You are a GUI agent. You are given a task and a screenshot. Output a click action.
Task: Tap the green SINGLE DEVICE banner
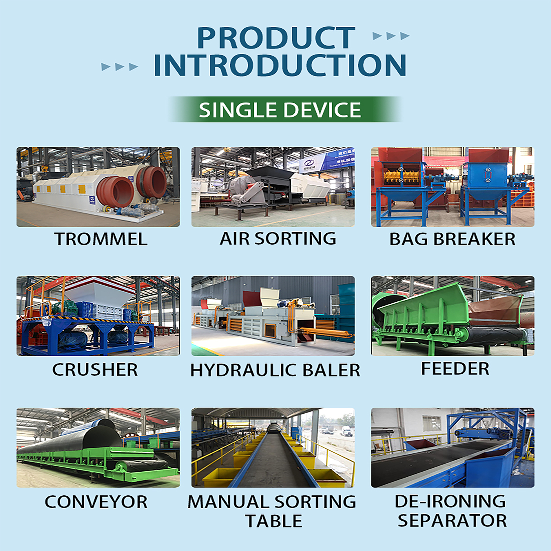pyautogui.click(x=285, y=110)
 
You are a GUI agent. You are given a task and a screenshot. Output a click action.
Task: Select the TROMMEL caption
pyautogui.click(x=101, y=239)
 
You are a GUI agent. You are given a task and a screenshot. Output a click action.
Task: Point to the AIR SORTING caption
pyautogui.click(x=278, y=238)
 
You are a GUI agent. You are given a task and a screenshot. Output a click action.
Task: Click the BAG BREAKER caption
pyautogui.click(x=452, y=239)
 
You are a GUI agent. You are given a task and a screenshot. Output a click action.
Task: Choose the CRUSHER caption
pyautogui.click(x=95, y=370)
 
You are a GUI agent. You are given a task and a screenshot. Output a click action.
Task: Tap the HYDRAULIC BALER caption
pyautogui.click(x=275, y=370)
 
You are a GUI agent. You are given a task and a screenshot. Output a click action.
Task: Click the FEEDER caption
pyautogui.click(x=455, y=368)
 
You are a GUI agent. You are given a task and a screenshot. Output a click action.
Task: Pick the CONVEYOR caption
pyautogui.click(x=96, y=502)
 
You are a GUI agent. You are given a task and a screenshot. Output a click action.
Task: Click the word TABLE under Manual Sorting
pyautogui.click(x=274, y=521)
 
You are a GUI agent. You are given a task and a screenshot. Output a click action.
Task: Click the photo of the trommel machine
pyautogui.click(x=98, y=187)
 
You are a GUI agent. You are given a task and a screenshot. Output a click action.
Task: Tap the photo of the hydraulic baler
pyautogui.click(x=273, y=316)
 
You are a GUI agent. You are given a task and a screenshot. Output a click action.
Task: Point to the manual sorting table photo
pyautogui.click(x=273, y=448)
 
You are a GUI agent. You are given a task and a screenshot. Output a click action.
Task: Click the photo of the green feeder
pyautogui.click(x=453, y=316)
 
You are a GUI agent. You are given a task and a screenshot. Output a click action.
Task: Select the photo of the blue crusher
pyautogui.click(x=98, y=316)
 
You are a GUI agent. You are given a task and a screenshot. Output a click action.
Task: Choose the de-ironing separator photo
pyautogui.click(x=453, y=448)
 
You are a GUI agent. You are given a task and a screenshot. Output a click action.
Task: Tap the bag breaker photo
pyautogui.click(x=453, y=187)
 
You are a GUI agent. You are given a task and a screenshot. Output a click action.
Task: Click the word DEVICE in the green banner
pyautogui.click(x=322, y=110)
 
